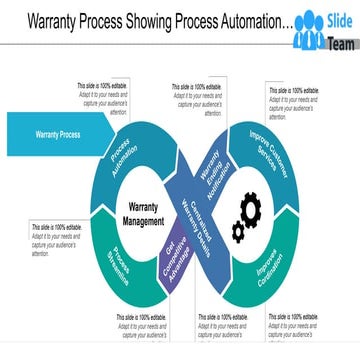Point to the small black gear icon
coord(238,232)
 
